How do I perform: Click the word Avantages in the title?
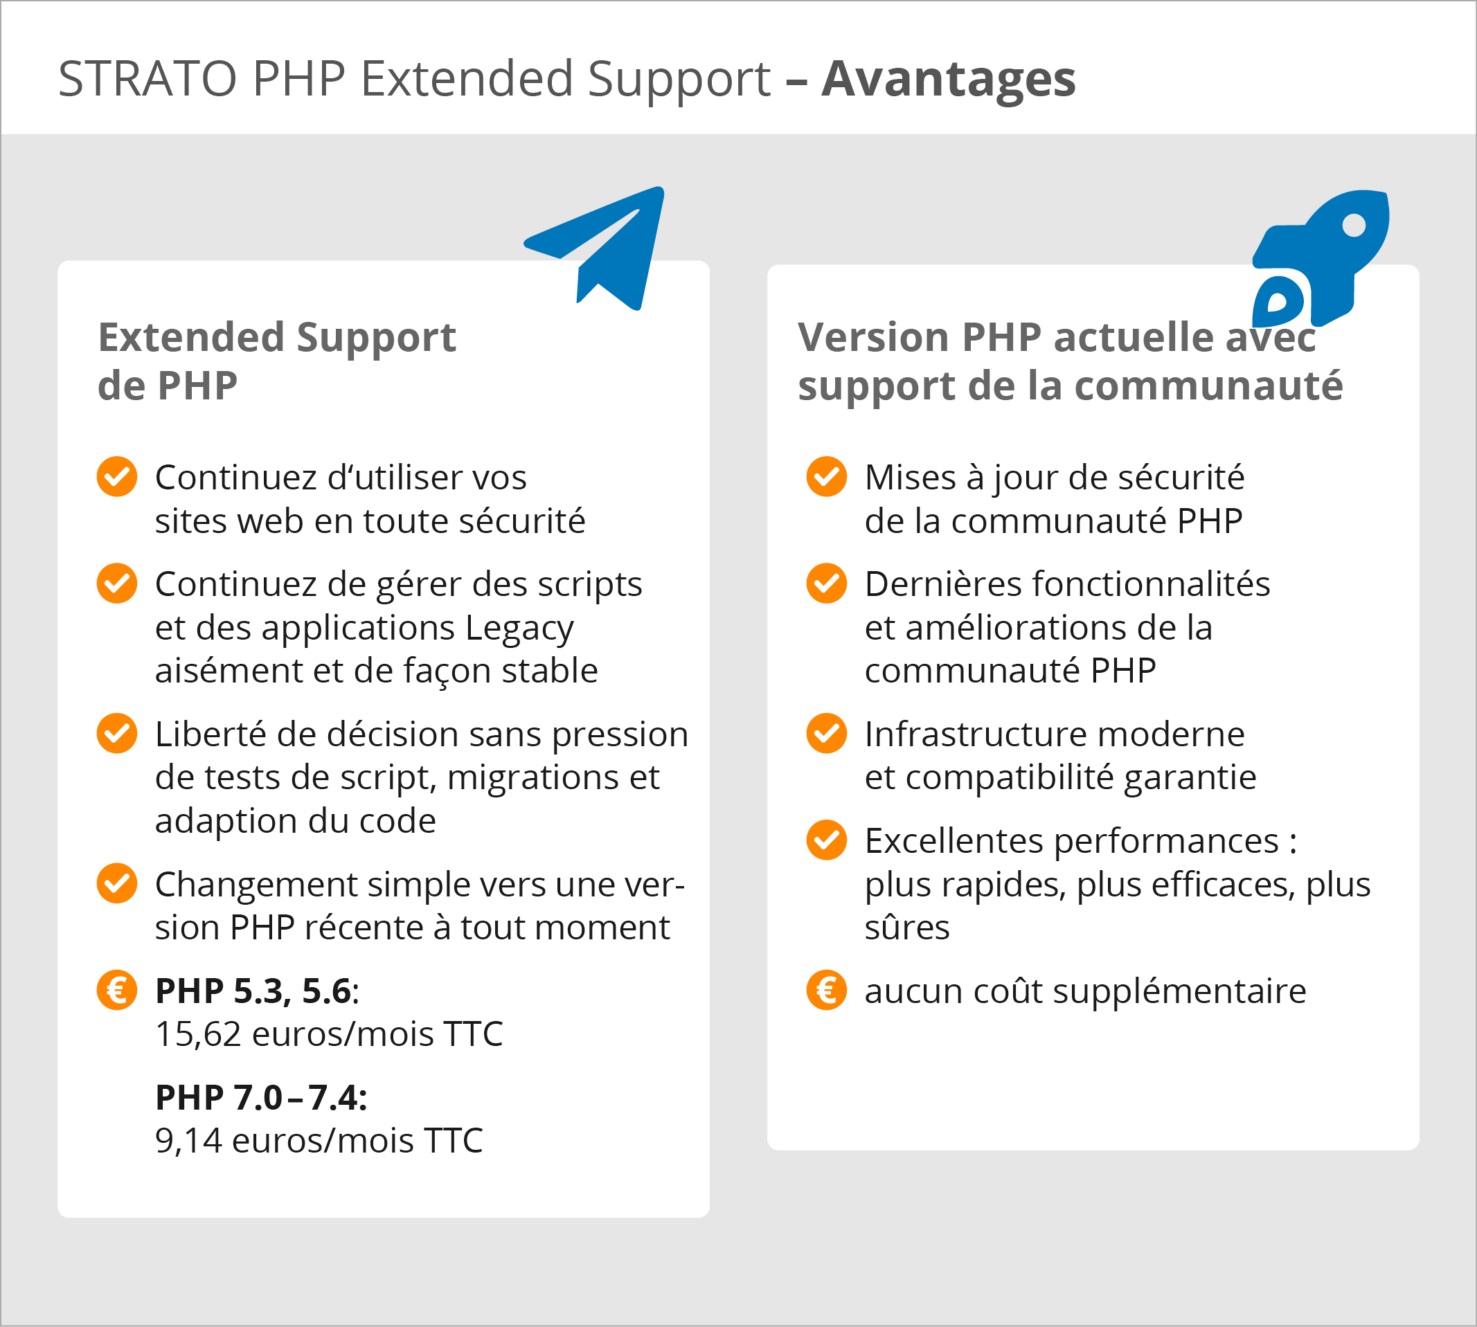948,78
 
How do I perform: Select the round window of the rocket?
1354,225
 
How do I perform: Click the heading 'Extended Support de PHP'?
277,360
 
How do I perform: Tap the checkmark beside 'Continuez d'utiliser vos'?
117,477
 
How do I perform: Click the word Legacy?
519,628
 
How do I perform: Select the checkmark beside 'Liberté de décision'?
117,734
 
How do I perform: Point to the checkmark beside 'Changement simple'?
117,884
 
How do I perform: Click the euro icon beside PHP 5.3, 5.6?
117,990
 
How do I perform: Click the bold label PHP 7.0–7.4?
260,1097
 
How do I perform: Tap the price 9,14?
188,1140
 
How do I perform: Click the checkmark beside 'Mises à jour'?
826,477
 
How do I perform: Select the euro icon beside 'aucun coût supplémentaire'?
826,990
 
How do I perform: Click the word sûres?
906,928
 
